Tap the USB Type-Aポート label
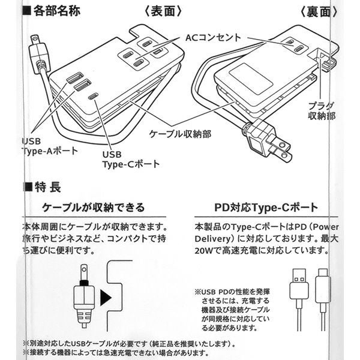49,146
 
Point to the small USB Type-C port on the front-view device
93,96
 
